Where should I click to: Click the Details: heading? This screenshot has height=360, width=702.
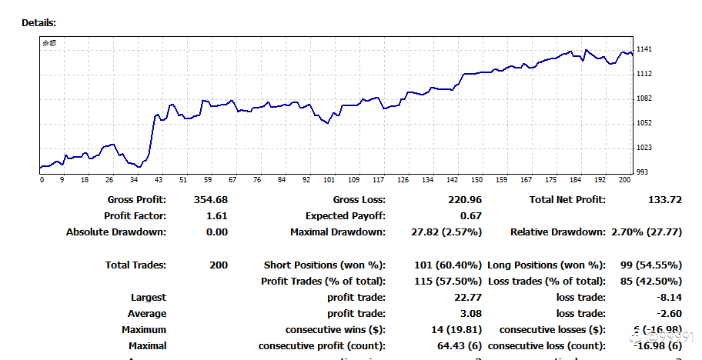tap(39, 23)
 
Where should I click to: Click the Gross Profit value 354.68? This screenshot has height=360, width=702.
tap(212, 200)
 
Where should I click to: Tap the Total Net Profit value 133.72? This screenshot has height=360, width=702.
tap(666, 200)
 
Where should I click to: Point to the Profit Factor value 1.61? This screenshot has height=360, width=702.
tap(217, 216)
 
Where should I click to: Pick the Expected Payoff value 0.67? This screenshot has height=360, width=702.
tap(472, 216)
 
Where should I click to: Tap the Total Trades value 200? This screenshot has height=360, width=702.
tap(218, 265)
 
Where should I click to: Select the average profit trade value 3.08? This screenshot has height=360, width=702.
tap(471, 314)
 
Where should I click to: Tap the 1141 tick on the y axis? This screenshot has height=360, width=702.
tap(644, 49)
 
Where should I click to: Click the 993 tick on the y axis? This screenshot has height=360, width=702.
tap(642, 172)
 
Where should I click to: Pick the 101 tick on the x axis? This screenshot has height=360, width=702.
tap(329, 180)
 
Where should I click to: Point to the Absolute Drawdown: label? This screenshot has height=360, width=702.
tap(116, 232)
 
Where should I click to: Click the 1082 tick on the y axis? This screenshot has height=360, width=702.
tap(644, 98)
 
